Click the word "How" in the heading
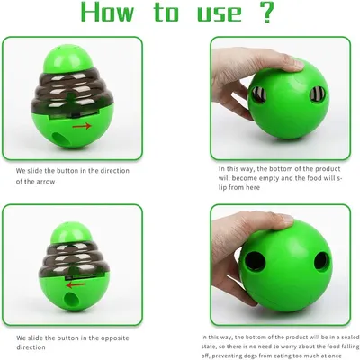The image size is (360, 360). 107,13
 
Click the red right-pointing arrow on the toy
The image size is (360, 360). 82,126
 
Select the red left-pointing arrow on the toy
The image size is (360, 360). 76,284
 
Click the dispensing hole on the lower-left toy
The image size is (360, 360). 71,300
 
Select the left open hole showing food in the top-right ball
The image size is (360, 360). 258,94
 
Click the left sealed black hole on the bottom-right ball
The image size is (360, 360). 255,260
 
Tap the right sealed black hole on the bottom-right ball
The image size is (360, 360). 321,262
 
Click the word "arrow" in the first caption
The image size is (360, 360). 45,182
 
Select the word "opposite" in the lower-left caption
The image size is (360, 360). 114,338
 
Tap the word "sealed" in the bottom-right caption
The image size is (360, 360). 346,337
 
